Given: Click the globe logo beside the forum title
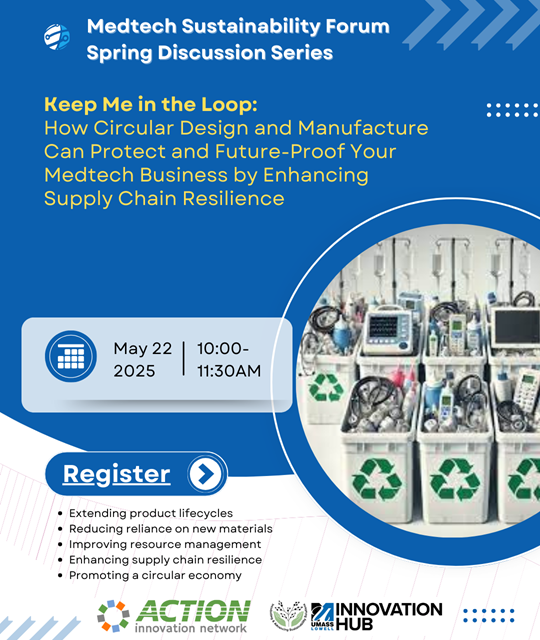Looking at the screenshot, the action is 57,37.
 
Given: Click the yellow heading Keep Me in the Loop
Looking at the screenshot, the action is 151,104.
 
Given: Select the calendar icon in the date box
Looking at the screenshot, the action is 71,356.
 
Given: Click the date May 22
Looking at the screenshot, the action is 142,349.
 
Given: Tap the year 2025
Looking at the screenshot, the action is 134,371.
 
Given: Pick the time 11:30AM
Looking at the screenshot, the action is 229,371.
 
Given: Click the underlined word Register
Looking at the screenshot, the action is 116,474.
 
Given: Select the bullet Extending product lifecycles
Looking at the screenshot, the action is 151,513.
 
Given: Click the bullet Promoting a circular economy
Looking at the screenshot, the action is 155,575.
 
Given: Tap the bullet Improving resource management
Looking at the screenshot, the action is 165,544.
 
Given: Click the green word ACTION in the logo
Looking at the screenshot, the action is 193,611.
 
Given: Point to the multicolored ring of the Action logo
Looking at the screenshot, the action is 113,616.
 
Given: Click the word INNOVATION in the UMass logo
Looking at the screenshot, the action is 389,609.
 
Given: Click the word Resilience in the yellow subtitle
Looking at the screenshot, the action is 233,199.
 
